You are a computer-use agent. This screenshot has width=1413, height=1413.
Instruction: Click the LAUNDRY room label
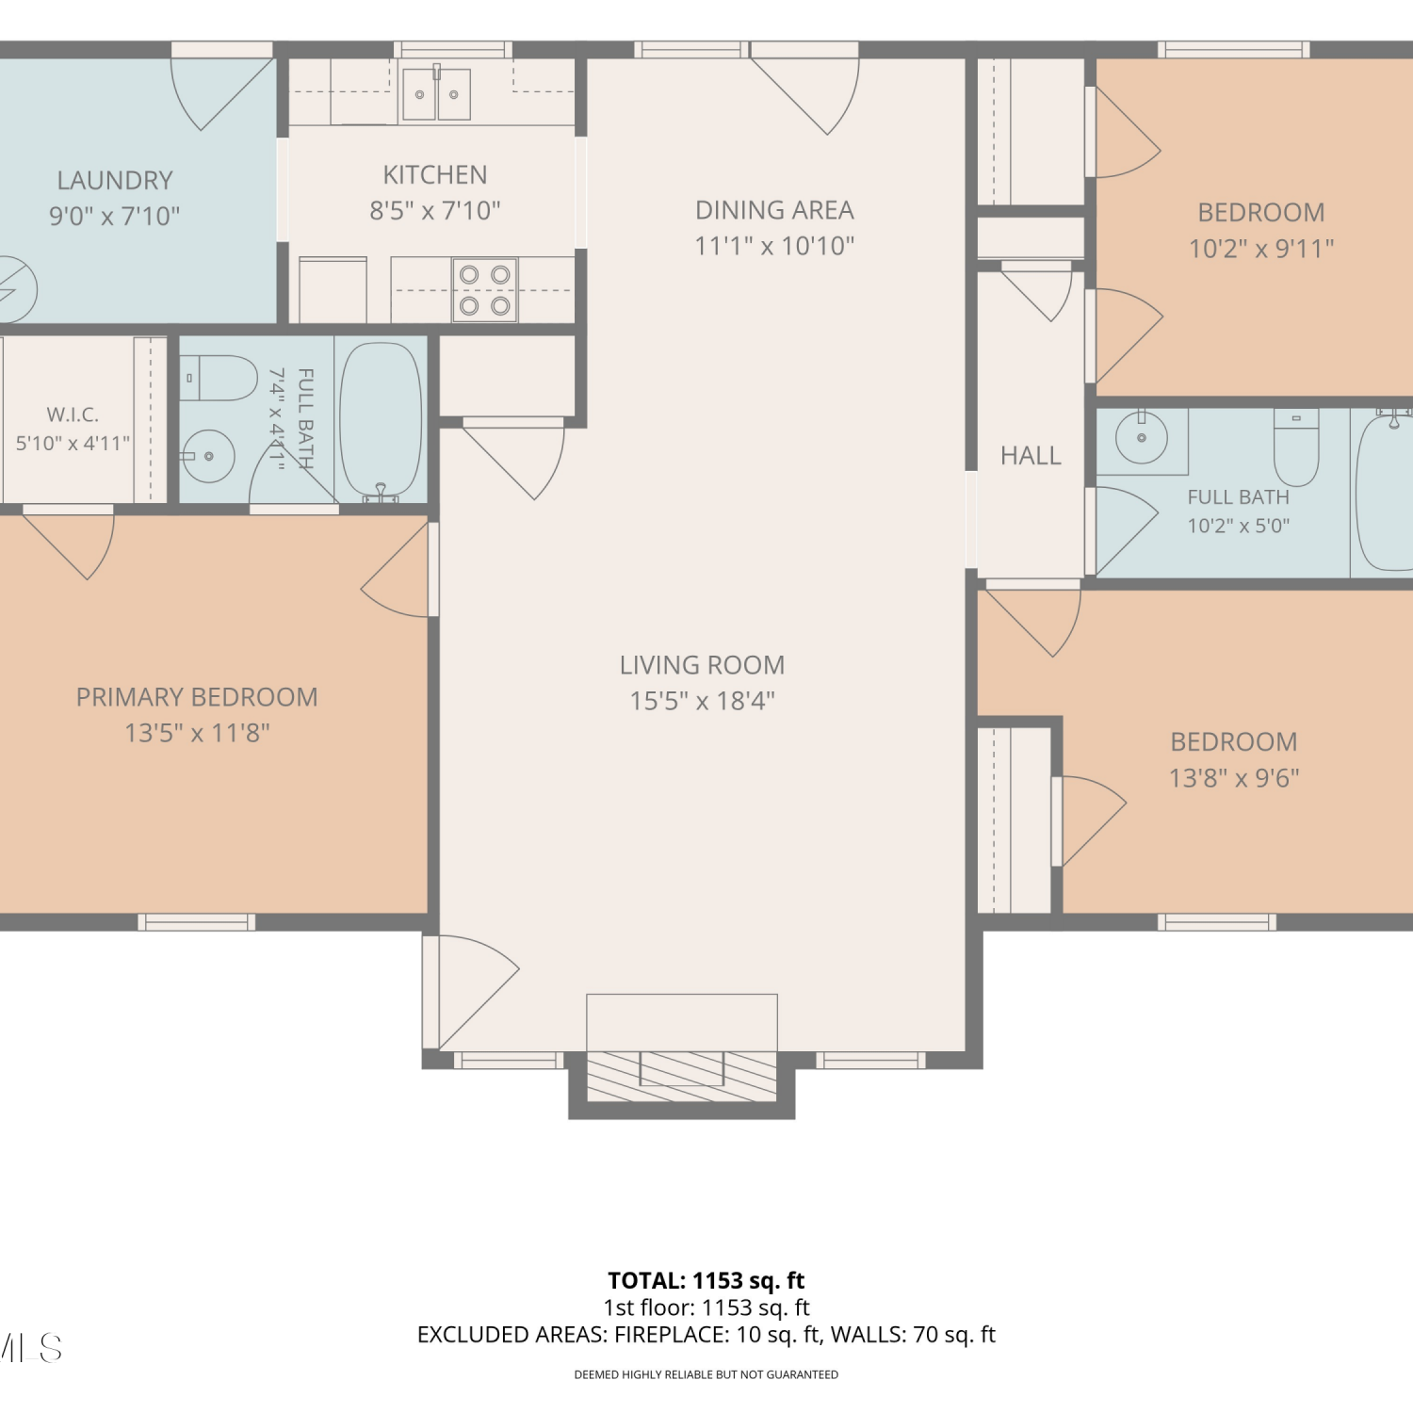coord(115,180)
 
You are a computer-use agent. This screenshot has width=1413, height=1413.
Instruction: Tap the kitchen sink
coord(436,93)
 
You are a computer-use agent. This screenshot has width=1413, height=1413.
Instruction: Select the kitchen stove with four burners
coord(484,289)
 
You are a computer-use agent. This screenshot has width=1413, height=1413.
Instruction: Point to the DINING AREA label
coord(774,210)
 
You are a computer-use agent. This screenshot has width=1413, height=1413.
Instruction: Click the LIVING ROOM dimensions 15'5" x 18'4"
coord(702,701)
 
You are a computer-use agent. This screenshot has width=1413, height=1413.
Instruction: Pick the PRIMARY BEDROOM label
coord(197,697)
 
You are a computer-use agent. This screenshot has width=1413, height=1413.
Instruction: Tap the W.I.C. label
coord(73,414)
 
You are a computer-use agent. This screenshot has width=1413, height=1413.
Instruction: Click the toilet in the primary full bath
coord(219,378)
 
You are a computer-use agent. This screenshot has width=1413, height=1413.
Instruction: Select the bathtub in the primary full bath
coord(381,420)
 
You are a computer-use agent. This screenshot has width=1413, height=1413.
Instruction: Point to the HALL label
coord(1031,456)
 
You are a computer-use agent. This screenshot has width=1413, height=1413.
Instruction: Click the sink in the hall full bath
coord(1142,438)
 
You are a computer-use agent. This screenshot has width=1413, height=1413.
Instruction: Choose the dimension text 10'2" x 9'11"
coord(1261,249)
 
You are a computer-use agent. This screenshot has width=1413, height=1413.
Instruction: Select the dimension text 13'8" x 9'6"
coord(1234,778)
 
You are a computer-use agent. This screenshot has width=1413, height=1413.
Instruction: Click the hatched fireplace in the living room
coord(682,1076)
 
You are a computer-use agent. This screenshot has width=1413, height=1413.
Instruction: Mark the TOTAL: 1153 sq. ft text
coord(706,1280)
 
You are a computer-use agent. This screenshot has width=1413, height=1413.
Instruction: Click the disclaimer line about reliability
coord(706,1375)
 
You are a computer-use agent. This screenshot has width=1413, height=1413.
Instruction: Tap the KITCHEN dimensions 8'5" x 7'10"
coord(435,211)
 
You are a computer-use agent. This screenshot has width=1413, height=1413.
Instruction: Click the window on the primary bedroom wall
coord(197,922)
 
